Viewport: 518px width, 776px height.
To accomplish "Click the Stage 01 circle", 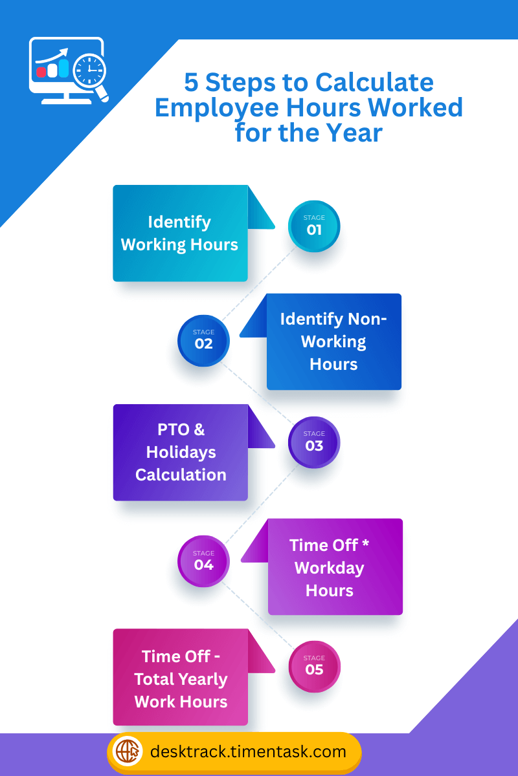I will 314,226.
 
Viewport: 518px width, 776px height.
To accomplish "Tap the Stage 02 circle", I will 203,341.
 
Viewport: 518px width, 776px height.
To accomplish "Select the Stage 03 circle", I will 314,442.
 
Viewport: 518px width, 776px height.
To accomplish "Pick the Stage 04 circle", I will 203,561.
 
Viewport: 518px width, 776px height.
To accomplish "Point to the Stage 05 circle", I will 314,667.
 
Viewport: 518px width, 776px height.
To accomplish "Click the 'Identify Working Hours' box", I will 180,233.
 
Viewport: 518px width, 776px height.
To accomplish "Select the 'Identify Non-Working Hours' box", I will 333,341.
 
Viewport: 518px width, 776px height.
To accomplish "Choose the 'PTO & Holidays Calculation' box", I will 180,452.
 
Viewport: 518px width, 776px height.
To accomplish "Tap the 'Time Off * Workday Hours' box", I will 335,567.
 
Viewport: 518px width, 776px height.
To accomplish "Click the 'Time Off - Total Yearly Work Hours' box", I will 180,678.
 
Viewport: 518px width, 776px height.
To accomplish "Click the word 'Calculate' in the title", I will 374,83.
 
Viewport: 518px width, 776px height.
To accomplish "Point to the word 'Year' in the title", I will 354,133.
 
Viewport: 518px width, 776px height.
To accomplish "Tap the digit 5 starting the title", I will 191,83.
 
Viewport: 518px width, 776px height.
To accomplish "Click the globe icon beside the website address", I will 128,752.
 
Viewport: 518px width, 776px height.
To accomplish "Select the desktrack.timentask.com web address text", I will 248,752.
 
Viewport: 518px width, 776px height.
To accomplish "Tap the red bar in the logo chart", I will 41,72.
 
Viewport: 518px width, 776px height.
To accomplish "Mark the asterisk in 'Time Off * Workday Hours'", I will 365,544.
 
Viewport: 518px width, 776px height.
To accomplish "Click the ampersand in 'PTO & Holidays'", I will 199,429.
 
